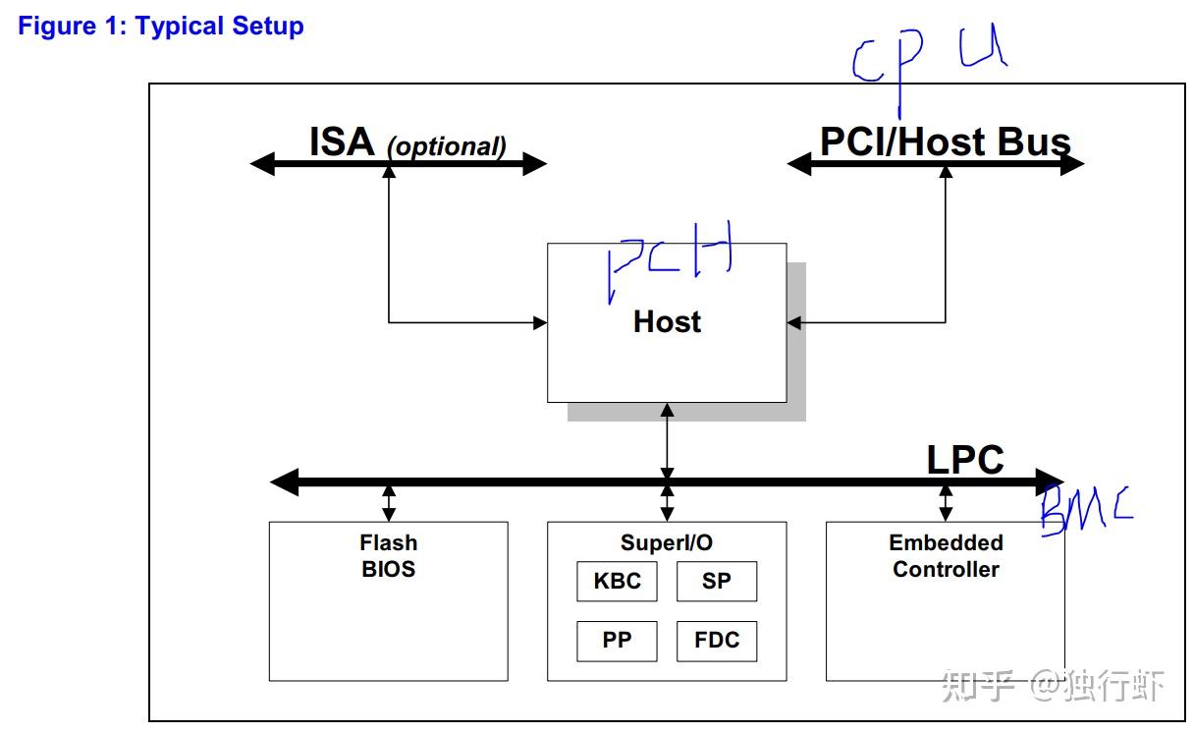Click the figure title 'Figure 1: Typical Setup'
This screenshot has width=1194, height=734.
click(x=161, y=27)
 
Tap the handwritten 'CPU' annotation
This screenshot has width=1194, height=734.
click(x=928, y=56)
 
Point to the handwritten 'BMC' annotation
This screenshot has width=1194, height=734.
click(x=1085, y=507)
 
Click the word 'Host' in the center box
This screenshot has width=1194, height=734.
click(x=667, y=321)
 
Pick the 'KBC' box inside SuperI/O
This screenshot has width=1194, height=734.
click(x=617, y=582)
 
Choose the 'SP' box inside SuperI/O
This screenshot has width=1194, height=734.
click(x=717, y=582)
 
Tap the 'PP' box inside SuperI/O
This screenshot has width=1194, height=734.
click(x=617, y=641)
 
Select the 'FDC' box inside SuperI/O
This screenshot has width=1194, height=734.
click(x=717, y=641)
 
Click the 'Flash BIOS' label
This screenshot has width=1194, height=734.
click(x=389, y=556)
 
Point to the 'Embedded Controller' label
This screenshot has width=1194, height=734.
click(x=946, y=556)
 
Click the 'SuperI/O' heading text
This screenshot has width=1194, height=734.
click(x=667, y=542)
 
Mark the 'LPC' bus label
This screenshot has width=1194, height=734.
click(x=965, y=460)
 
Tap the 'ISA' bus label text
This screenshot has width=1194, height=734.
click(x=342, y=142)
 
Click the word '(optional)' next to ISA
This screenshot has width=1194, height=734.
click(x=447, y=147)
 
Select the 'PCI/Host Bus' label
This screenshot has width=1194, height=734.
click(x=945, y=142)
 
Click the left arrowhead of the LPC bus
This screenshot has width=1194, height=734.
click(x=284, y=481)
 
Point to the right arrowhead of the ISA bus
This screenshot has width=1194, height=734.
click(x=534, y=164)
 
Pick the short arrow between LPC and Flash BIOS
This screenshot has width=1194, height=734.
click(x=389, y=502)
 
